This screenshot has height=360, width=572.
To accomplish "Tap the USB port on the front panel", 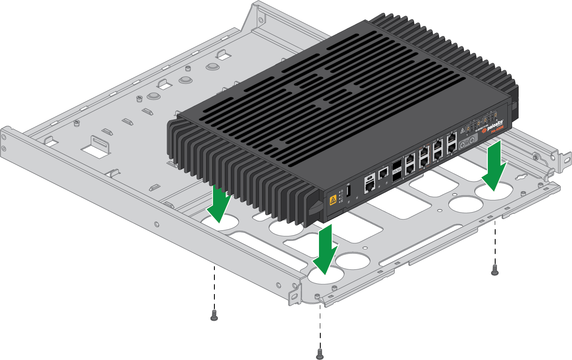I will click(348, 192).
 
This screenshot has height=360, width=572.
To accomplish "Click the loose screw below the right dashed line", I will click(494, 270).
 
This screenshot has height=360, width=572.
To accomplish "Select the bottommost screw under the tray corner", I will click(319, 353).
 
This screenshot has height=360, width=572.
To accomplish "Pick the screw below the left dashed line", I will click(214, 315).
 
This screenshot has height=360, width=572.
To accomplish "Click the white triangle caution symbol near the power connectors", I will click(463, 130).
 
